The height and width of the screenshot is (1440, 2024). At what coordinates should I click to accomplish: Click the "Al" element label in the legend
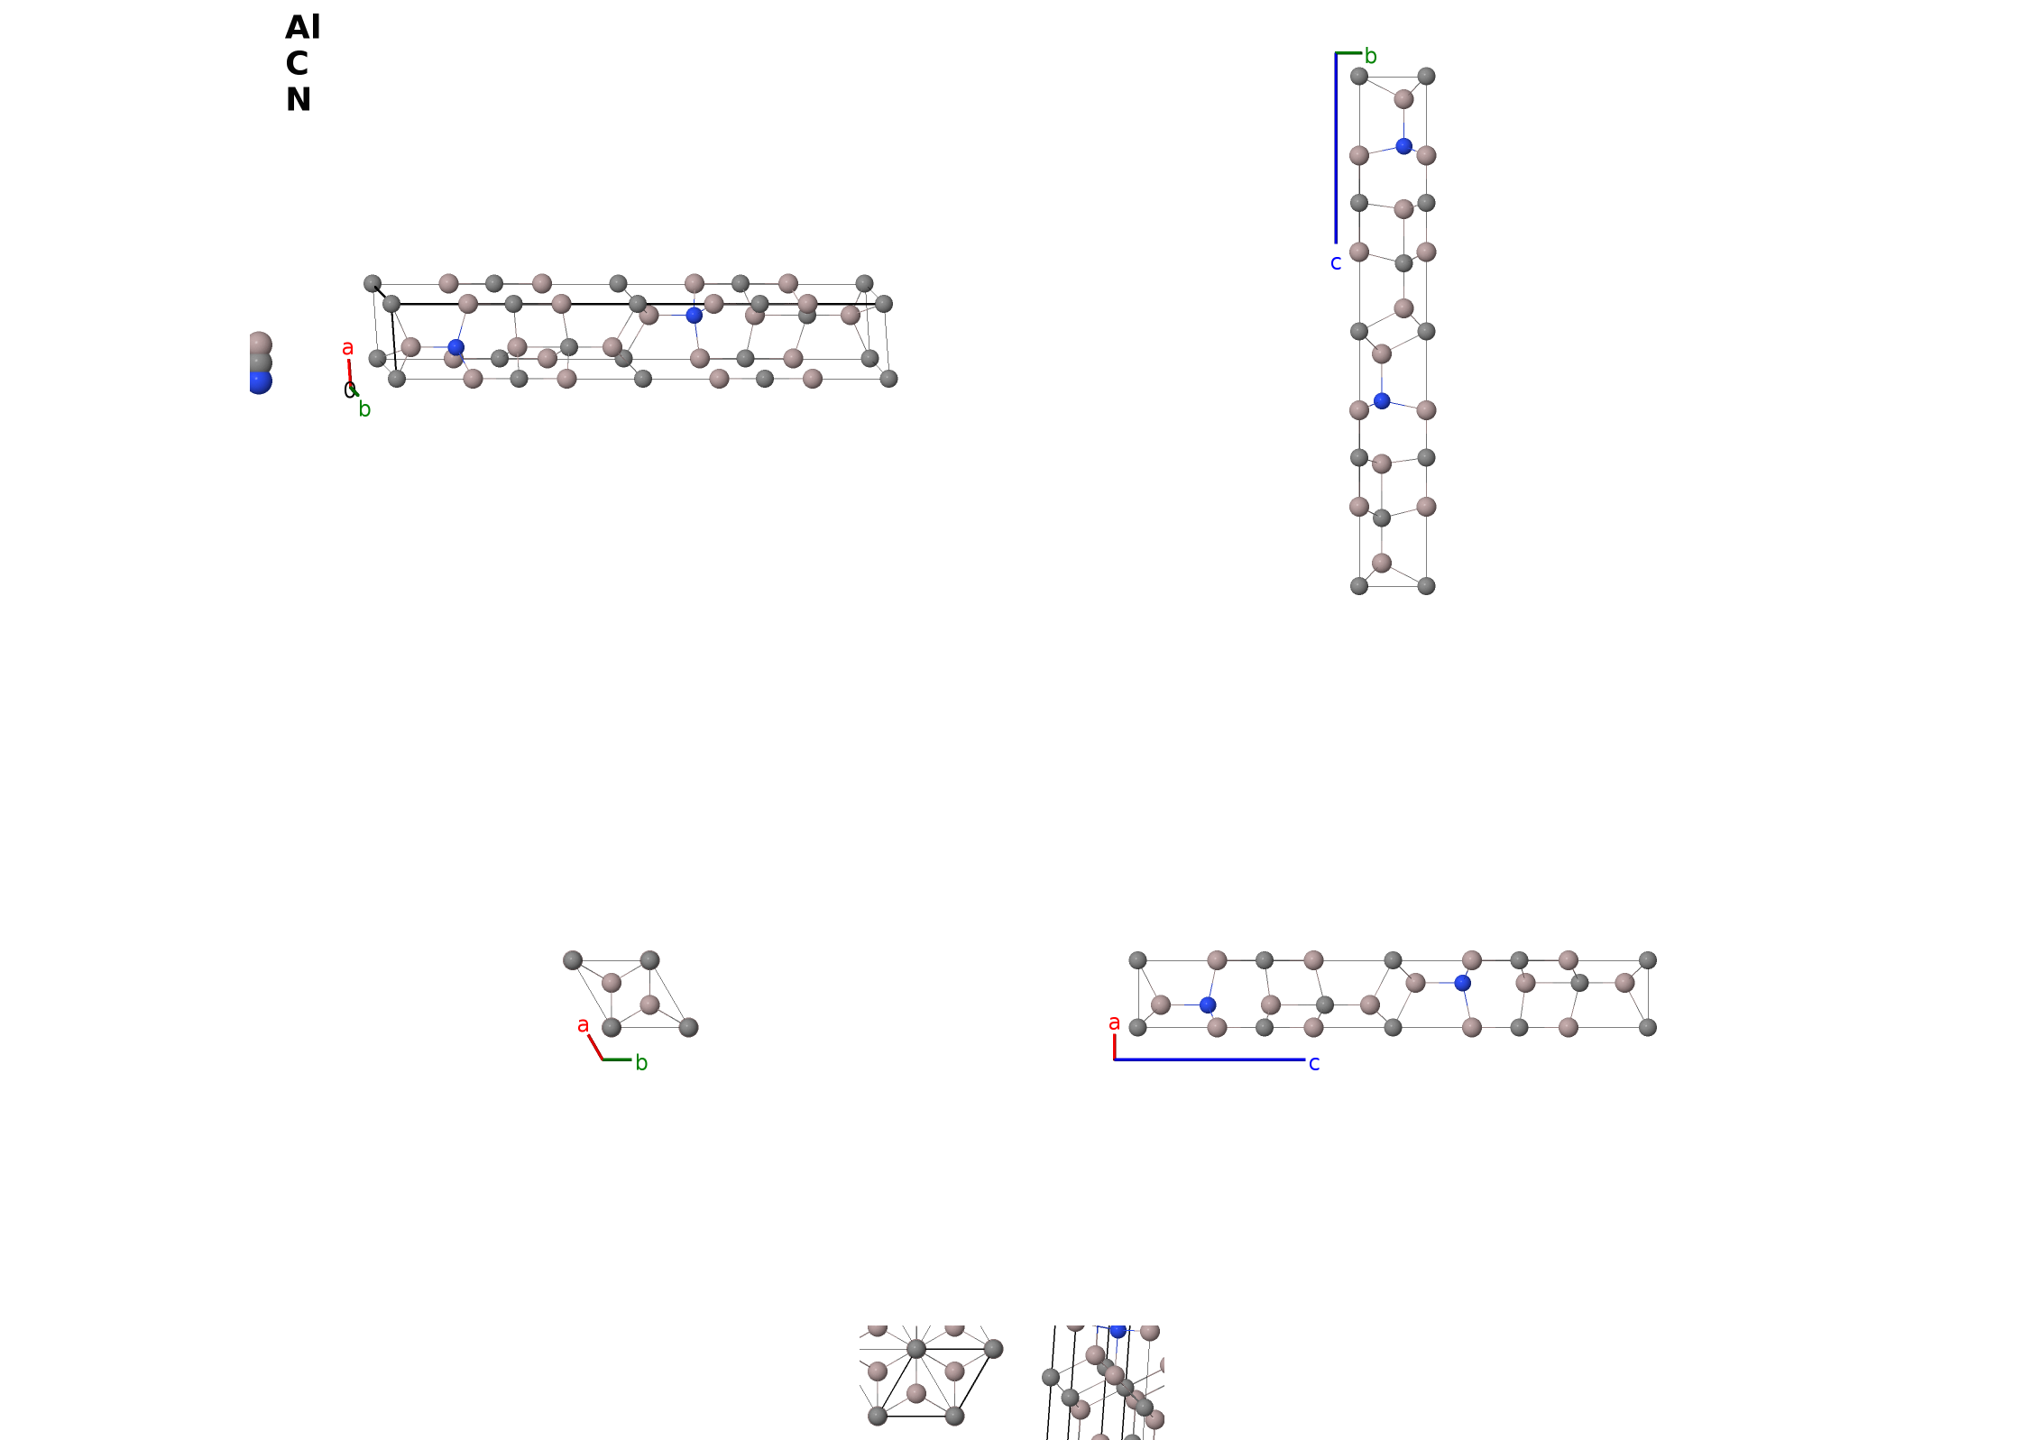click(x=302, y=28)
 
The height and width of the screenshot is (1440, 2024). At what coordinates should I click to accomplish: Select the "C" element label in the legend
click(x=297, y=64)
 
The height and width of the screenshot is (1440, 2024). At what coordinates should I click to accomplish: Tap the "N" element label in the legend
click(x=299, y=100)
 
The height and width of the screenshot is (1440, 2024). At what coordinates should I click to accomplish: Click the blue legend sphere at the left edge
click(x=259, y=382)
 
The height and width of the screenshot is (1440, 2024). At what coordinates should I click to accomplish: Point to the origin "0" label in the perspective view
click(x=349, y=390)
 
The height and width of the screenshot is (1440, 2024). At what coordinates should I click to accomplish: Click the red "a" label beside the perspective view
click(x=347, y=348)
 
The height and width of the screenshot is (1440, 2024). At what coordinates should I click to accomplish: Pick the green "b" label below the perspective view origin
click(x=364, y=409)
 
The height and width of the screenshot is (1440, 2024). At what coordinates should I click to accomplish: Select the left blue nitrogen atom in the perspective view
click(x=456, y=347)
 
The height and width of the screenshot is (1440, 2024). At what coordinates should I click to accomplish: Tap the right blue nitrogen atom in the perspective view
click(x=694, y=316)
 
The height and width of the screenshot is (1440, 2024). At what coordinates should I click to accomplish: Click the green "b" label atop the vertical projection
click(x=1370, y=56)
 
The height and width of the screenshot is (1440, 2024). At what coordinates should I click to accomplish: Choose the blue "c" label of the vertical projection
click(x=1336, y=263)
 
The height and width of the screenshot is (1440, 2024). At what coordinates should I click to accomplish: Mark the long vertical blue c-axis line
click(x=1336, y=148)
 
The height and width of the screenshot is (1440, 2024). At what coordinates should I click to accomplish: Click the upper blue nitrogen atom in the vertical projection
click(x=1403, y=146)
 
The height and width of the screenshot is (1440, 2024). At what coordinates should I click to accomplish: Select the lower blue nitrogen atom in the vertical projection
click(x=1382, y=401)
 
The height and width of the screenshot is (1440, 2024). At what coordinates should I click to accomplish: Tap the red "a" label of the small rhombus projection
click(x=583, y=1025)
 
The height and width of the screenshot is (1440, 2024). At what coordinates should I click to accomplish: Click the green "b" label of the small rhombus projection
click(x=641, y=1063)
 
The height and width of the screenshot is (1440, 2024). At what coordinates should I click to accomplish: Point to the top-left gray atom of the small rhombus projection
click(x=573, y=960)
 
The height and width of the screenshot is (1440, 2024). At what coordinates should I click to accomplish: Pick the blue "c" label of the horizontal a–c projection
click(x=1314, y=1064)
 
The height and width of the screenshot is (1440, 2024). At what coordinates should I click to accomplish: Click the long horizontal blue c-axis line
click(x=1210, y=1059)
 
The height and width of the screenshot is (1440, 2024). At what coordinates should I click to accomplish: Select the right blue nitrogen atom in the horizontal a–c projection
click(x=1463, y=983)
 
